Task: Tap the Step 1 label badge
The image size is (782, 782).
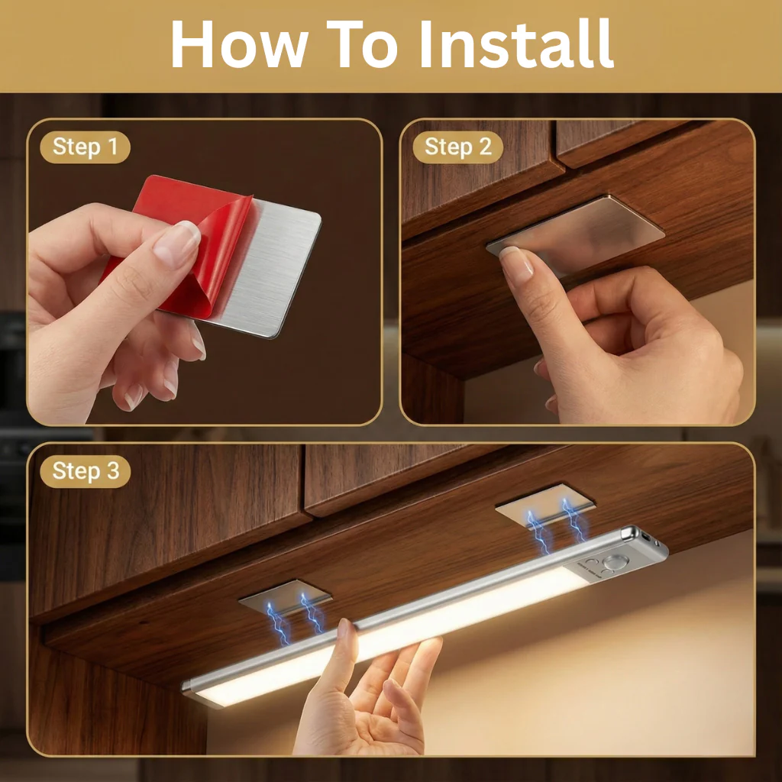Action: click(86, 147)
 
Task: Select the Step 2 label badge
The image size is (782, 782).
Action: click(458, 147)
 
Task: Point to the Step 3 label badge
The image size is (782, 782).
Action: click(86, 471)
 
